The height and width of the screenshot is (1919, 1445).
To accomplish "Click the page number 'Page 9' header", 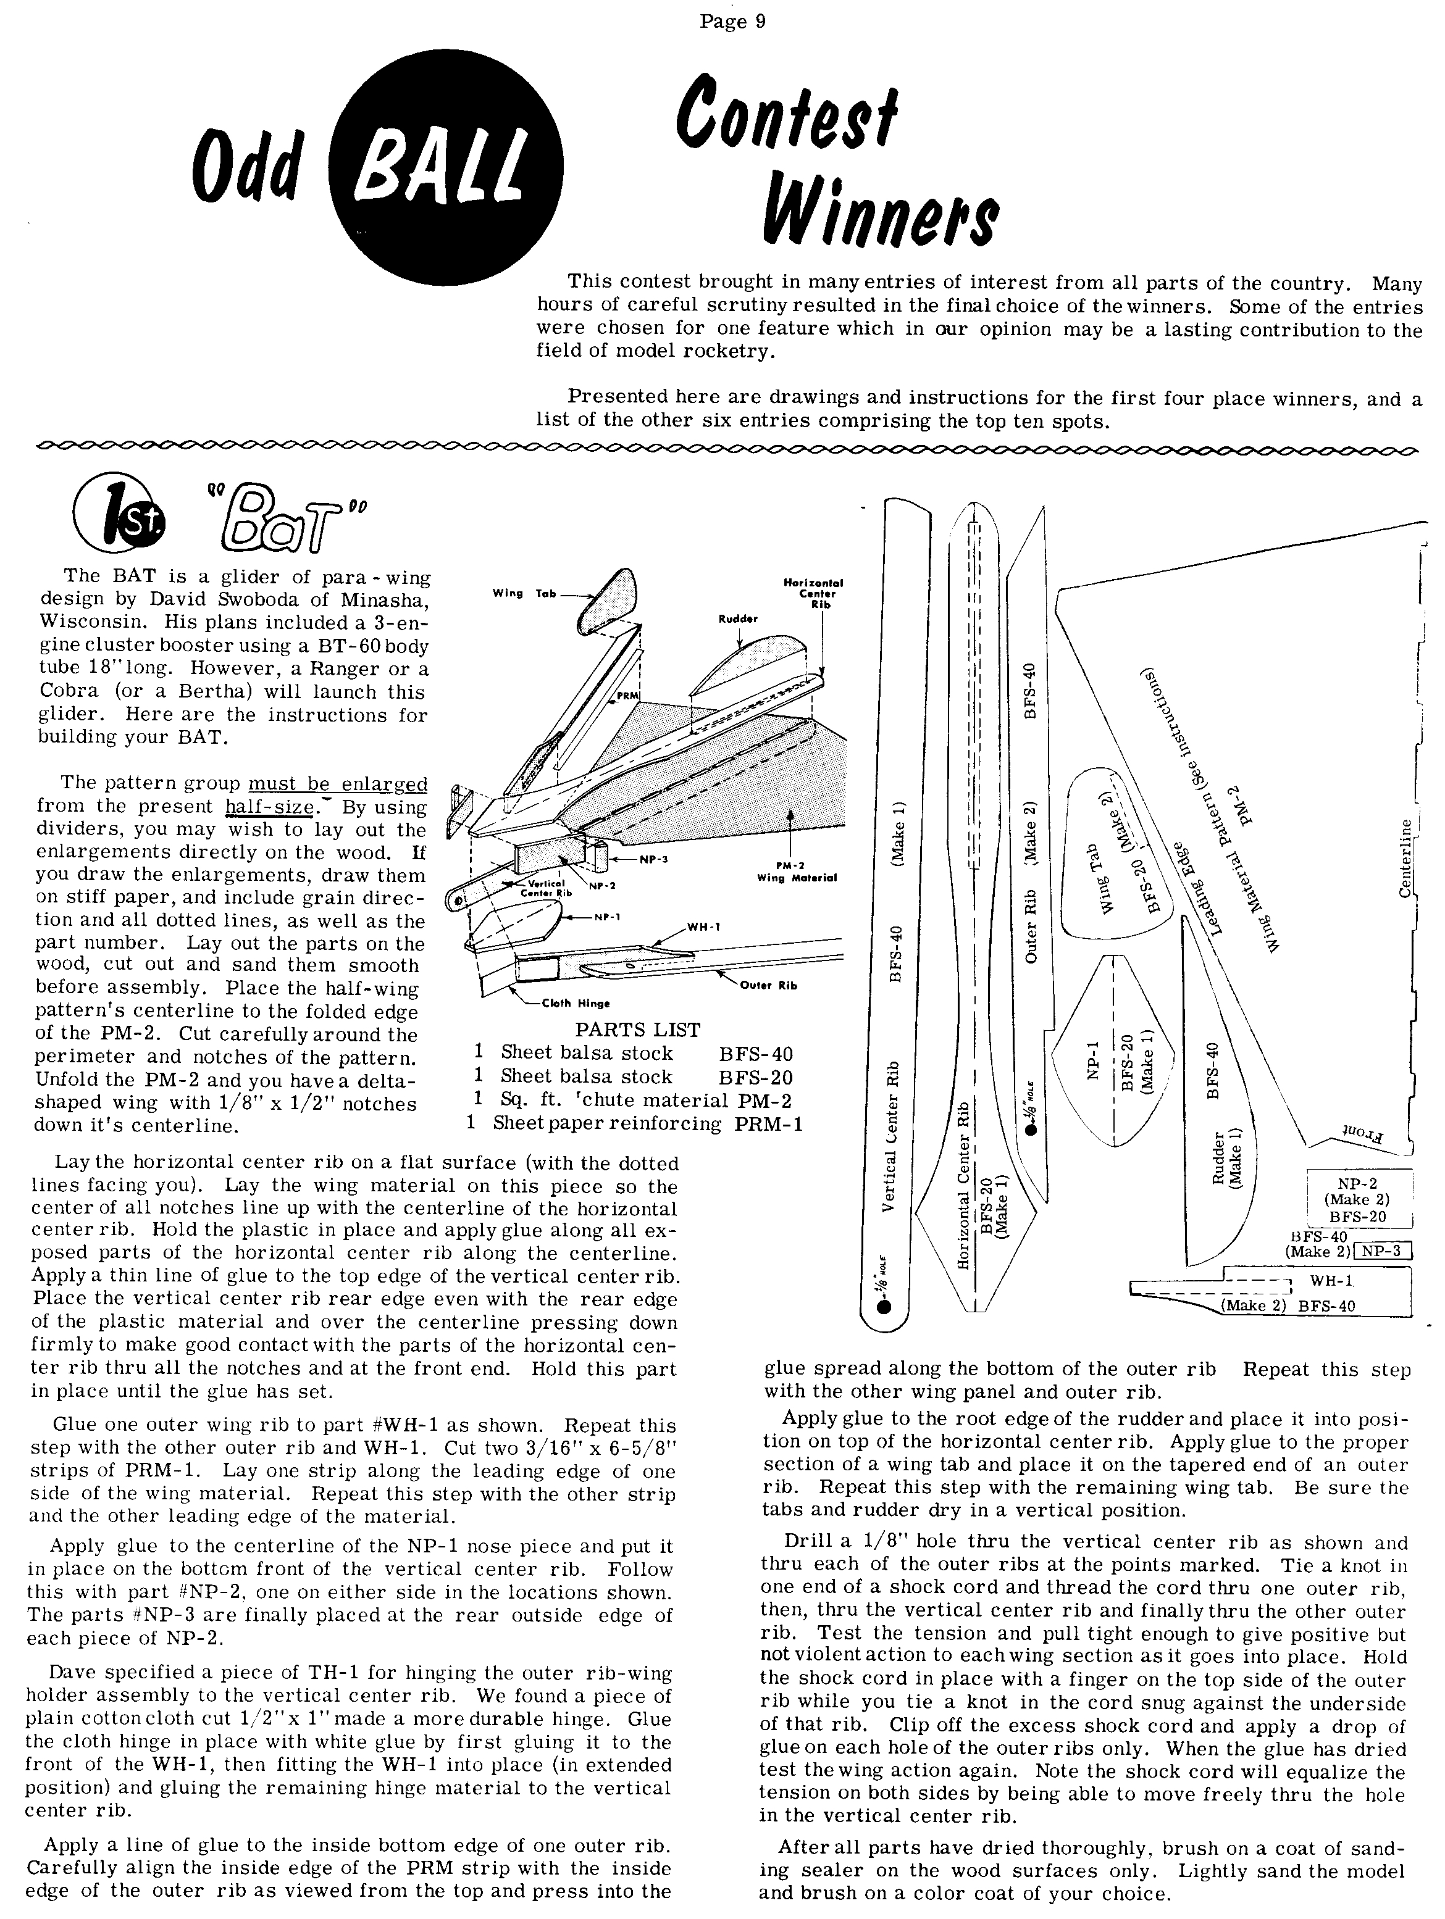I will pos(732,21).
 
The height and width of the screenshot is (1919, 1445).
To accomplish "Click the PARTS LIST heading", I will pos(638,1030).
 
